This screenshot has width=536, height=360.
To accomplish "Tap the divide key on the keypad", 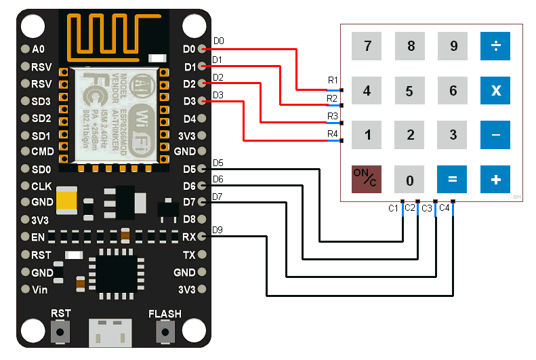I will pyautogui.click(x=495, y=46).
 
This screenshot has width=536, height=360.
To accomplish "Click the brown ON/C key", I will pyautogui.click(x=367, y=180).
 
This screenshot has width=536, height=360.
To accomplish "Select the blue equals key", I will pyautogui.click(x=453, y=180).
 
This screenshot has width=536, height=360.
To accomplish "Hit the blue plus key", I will pyautogui.click(x=495, y=180).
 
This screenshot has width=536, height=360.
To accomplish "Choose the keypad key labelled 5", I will pyautogui.click(x=410, y=91).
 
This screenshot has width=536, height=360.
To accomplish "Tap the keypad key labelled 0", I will pyautogui.click(x=410, y=180).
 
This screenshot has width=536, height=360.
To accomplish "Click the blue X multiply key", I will pyautogui.click(x=495, y=91).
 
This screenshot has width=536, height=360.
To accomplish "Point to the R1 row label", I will pyautogui.click(x=333, y=81).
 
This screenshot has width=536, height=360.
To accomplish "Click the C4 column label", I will pyautogui.click(x=444, y=208).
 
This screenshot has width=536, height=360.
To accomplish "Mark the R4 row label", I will pyautogui.click(x=333, y=134).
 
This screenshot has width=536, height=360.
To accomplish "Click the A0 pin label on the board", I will pyautogui.click(x=38, y=49).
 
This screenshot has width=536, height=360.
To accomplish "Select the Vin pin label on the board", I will pyautogui.click(x=39, y=289).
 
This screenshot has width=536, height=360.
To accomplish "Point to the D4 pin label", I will pyautogui.click(x=189, y=119).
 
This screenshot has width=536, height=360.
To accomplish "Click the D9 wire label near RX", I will pyautogui.click(x=218, y=230).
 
